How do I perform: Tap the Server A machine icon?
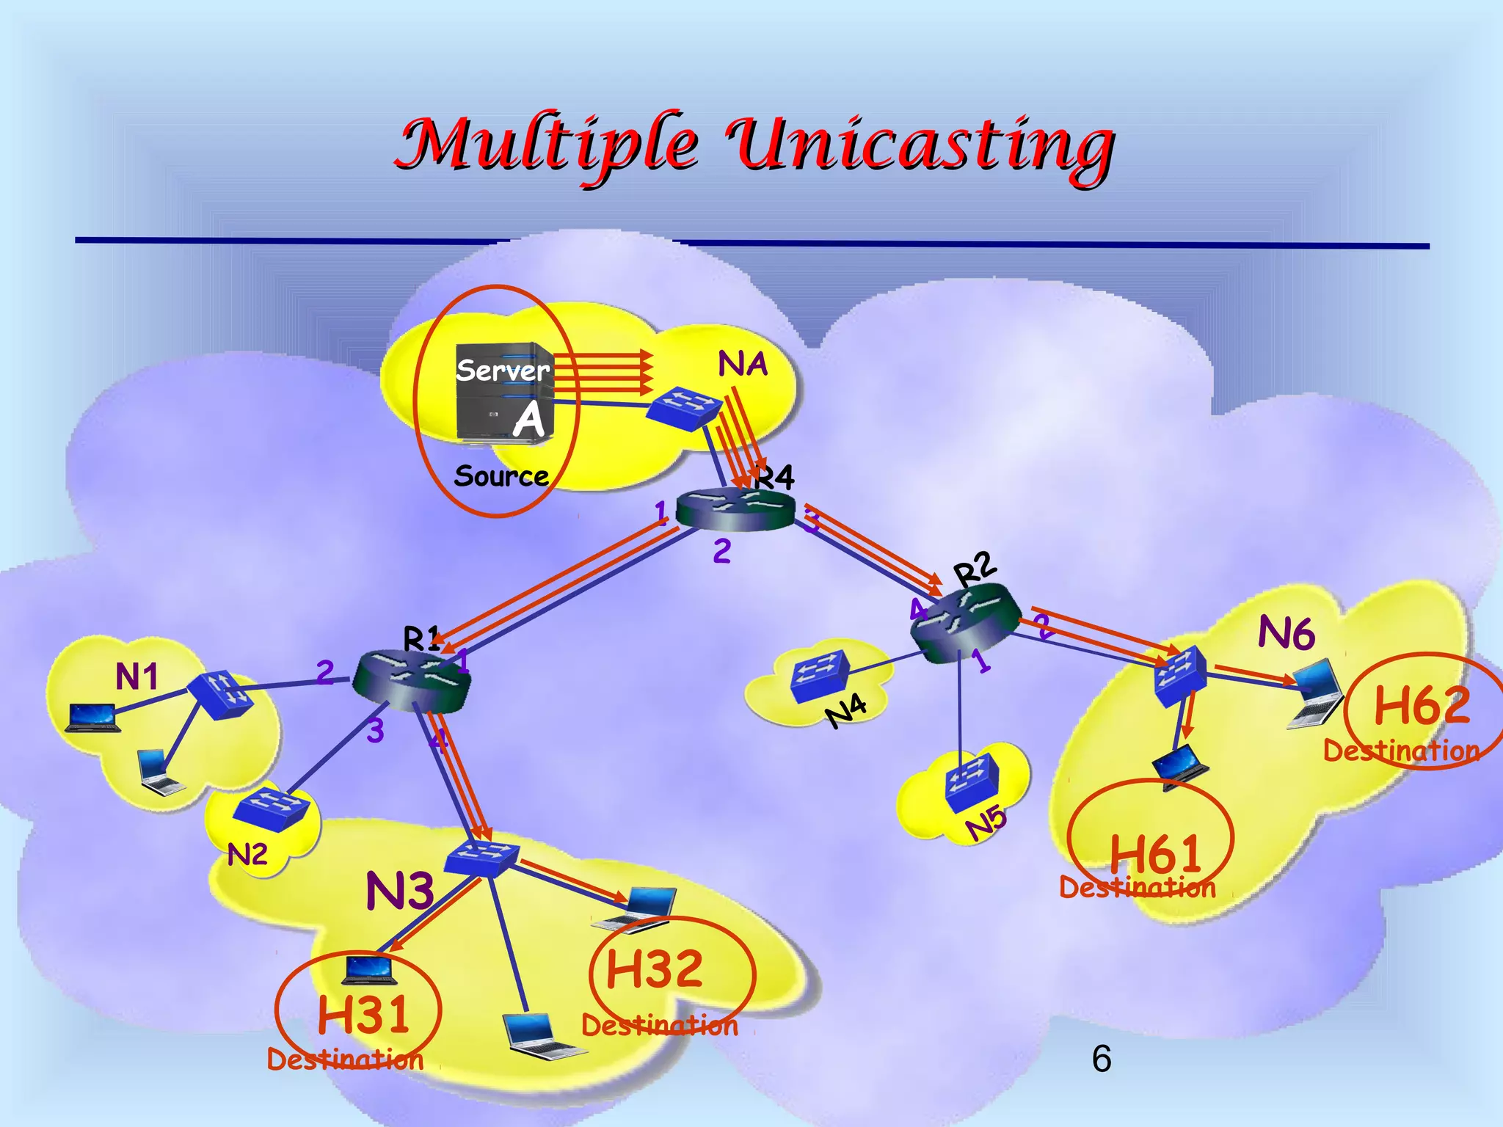(505, 392)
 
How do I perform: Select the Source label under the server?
(501, 476)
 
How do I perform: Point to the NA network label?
(743, 364)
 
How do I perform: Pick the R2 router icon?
(964, 624)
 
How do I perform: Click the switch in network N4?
(820, 676)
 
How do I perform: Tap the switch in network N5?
(972, 781)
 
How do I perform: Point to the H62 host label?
(1422, 705)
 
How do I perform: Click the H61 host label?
(1155, 853)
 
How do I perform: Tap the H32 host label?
(655, 969)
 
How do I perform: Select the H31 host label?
(363, 1015)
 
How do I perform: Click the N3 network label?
(400, 891)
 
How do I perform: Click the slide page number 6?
(1101, 1059)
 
